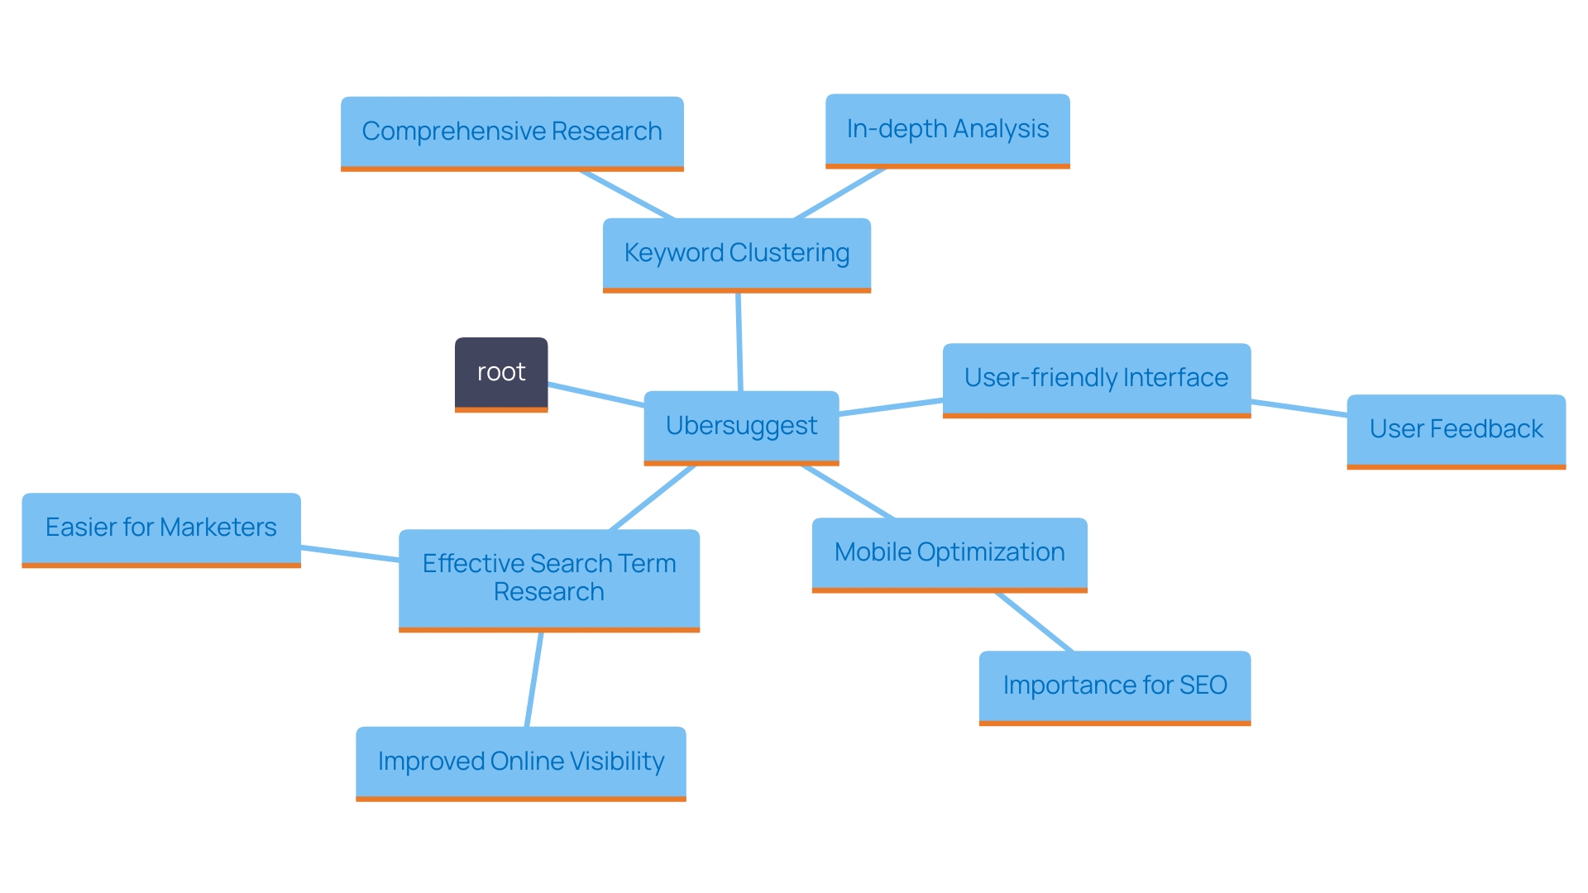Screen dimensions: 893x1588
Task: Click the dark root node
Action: click(x=501, y=373)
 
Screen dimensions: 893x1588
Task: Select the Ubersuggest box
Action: click(x=741, y=426)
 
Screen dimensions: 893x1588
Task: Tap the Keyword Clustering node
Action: click(x=736, y=253)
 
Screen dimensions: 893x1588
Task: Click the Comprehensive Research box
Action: click(x=512, y=131)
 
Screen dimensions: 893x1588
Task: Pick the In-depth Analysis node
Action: click(x=947, y=129)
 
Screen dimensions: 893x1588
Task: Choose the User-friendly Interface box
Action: click(x=1096, y=378)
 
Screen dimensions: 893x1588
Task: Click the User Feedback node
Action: click(x=1456, y=429)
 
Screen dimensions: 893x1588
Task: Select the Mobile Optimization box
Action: click(x=949, y=552)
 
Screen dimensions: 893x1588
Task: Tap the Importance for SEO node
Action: click(x=1114, y=685)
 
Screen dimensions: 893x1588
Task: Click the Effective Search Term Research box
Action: click(x=549, y=578)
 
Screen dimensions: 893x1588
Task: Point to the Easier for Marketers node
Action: click(x=161, y=528)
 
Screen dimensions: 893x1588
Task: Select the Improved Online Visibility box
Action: click(x=521, y=762)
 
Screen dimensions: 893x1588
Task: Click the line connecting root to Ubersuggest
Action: click(x=595, y=394)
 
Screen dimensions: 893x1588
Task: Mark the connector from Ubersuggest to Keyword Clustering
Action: click(x=739, y=341)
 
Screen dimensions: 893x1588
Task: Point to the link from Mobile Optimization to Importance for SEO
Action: click(x=1034, y=622)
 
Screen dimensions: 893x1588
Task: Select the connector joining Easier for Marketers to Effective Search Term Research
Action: click(x=350, y=554)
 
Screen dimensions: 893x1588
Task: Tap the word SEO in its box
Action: click(x=1203, y=685)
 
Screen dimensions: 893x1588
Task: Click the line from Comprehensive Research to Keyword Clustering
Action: click(x=627, y=195)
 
